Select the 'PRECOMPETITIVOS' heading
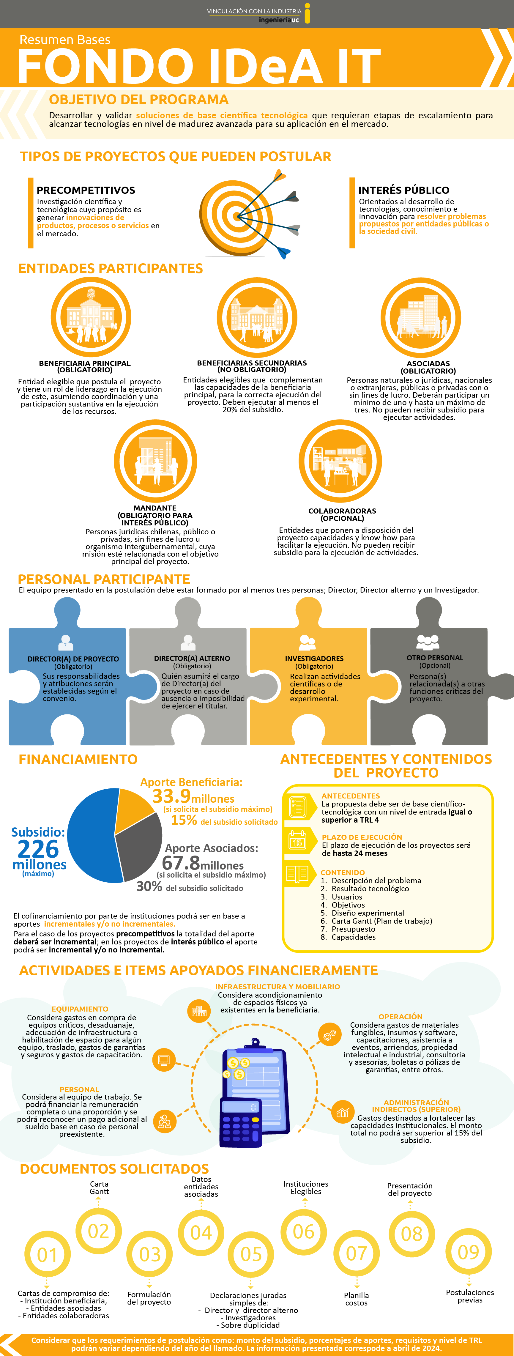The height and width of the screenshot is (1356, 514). [x=86, y=190]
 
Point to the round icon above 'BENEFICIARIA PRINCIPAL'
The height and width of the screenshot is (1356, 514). [x=91, y=317]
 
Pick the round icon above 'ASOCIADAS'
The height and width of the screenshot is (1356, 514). [x=421, y=317]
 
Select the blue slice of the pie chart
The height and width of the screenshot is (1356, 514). [x=89, y=837]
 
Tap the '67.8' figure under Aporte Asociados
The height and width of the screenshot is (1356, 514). [x=180, y=863]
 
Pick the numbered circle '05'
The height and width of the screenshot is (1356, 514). [x=251, y=1254]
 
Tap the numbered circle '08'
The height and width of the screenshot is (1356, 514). [x=411, y=1233]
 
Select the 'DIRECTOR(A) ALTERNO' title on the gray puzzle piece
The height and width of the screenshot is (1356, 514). [x=192, y=658]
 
